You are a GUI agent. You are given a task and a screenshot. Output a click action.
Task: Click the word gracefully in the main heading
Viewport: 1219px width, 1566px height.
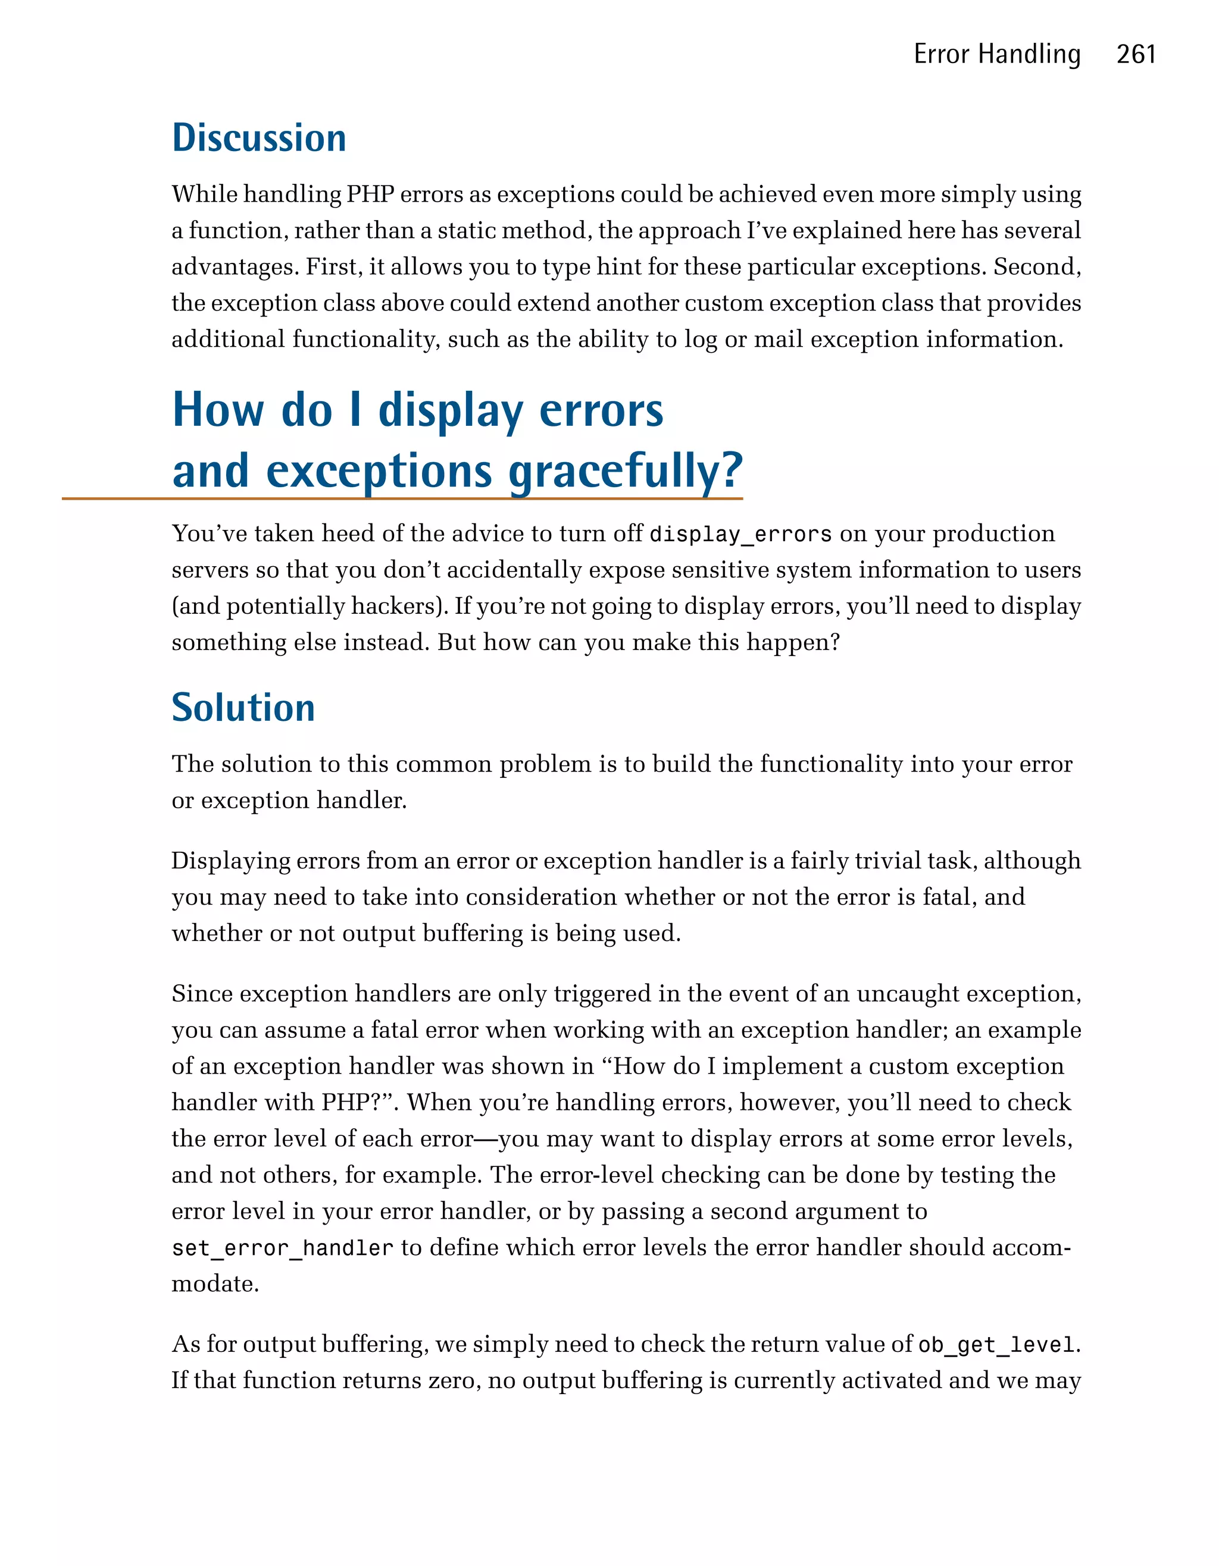coord(625,472)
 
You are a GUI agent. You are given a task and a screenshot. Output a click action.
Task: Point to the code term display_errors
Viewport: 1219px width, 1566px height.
coord(740,535)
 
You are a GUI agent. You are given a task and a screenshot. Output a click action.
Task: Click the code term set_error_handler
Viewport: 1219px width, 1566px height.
coord(282,1248)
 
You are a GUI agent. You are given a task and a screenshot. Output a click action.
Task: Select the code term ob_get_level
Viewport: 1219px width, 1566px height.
coord(996,1345)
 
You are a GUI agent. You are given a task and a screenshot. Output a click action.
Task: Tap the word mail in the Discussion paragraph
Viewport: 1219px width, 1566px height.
coord(778,339)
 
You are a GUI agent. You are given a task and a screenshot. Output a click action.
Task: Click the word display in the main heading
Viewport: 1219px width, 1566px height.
coord(451,412)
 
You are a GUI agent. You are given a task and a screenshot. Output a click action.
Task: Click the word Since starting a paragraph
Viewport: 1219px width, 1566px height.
coord(202,994)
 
